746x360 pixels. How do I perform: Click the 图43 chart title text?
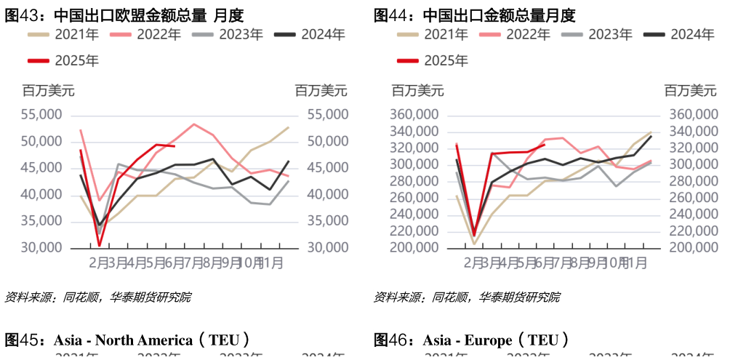point(124,15)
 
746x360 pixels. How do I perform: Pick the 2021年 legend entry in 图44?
point(433,33)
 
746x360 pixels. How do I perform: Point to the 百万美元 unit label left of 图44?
point(417,91)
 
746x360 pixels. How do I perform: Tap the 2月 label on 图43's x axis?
point(100,263)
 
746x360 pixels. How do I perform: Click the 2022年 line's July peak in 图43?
point(193,124)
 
